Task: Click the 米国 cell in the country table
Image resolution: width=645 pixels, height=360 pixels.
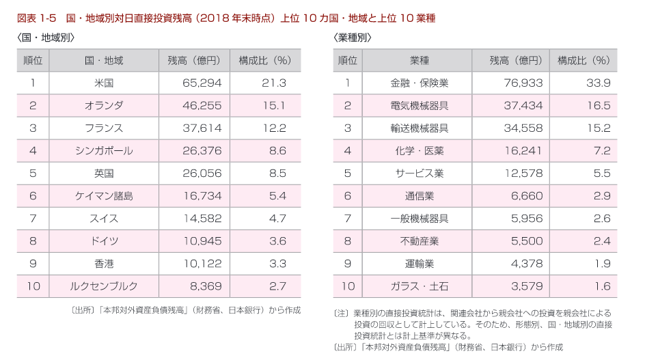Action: (104, 83)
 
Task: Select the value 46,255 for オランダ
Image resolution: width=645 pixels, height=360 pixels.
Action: (202, 106)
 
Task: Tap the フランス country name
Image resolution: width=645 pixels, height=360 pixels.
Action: (104, 128)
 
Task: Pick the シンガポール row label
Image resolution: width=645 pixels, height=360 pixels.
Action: (104, 151)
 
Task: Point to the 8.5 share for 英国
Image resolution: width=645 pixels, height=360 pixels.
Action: (277, 174)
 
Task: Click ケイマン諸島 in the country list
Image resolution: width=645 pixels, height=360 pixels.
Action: (104, 196)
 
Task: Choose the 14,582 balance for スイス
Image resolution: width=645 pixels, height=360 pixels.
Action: (202, 219)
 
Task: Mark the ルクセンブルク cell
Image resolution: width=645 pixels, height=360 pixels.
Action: (104, 286)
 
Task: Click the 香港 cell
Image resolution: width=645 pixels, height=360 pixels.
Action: (104, 264)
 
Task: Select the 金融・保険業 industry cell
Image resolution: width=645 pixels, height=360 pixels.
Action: (420, 83)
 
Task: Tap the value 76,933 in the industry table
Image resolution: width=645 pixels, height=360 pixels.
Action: (523, 83)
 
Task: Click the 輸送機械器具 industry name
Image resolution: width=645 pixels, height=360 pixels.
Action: (420, 128)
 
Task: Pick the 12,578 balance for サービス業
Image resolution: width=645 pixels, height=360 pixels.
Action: (523, 174)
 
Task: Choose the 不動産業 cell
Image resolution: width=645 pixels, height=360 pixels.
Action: (420, 241)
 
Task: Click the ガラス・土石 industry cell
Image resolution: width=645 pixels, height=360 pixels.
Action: (420, 286)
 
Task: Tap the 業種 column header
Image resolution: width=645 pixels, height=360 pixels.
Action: (420, 61)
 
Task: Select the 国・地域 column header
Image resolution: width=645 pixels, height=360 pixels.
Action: (104, 61)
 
